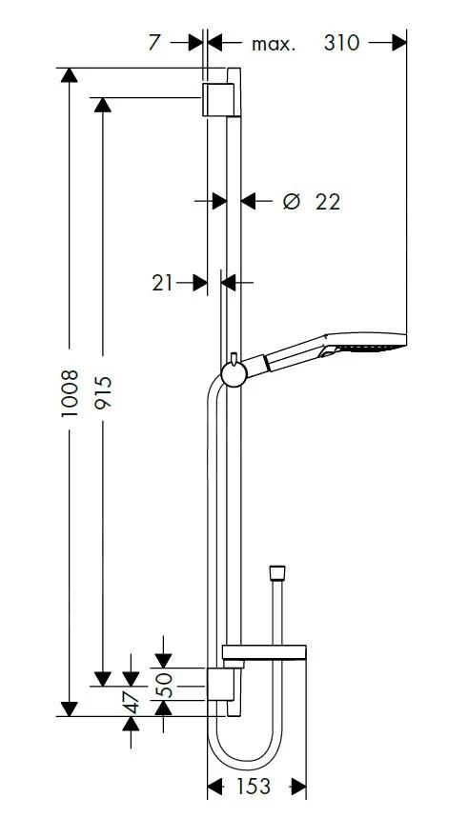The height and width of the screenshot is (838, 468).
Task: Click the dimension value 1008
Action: [x=70, y=393]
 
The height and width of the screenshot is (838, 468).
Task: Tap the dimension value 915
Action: [x=103, y=391]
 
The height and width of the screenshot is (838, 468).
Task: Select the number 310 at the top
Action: [x=341, y=43]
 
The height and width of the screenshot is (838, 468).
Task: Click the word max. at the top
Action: [x=274, y=45]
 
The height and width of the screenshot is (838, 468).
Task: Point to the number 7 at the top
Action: [x=154, y=43]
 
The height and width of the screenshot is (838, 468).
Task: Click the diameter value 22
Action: [x=327, y=202]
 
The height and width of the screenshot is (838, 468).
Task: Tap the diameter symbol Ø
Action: [x=291, y=202]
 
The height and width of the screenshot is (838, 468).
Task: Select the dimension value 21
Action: [x=162, y=283]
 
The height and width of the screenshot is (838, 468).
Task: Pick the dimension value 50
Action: [x=165, y=684]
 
